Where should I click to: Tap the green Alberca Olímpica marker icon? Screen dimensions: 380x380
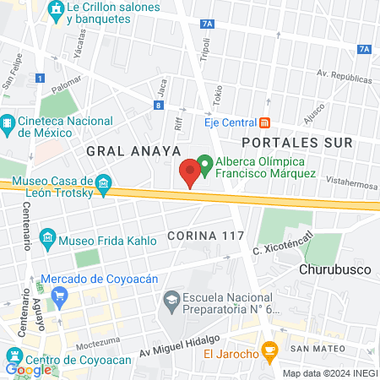(x=204, y=161)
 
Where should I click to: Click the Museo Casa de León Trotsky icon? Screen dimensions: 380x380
(x=103, y=183)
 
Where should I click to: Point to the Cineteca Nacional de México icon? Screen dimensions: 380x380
(x=7, y=125)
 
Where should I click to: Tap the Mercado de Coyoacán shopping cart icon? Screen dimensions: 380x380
(x=59, y=295)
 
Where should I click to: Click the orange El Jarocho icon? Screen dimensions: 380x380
(x=269, y=349)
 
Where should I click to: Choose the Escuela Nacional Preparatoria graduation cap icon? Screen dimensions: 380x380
(x=171, y=299)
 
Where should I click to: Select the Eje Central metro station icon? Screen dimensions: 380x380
(x=264, y=122)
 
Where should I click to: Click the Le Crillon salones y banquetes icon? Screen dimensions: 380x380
(x=57, y=11)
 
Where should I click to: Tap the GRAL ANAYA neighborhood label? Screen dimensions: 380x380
(x=133, y=150)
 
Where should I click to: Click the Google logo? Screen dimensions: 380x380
(x=28, y=369)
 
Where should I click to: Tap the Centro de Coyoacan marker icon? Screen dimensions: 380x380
(x=15, y=354)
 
